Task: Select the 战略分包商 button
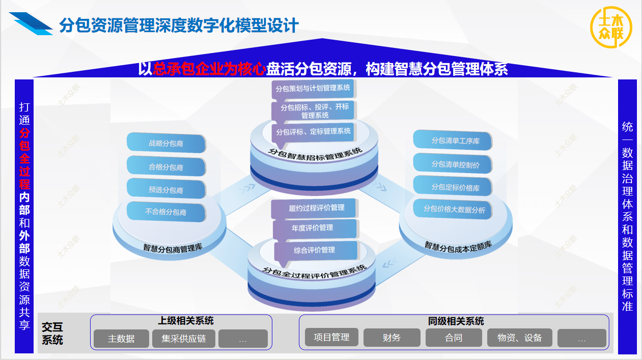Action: pos(166,144)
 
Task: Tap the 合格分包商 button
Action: pos(166,167)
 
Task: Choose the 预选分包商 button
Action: pos(166,189)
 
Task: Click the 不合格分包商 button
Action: pos(166,212)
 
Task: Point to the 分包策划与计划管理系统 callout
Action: pos(313,88)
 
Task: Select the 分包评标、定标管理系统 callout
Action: pos(313,131)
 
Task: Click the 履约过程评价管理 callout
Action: pos(316,208)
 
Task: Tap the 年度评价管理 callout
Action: pos(313,228)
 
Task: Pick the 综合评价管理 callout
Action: pos(314,250)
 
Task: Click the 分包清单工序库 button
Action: pos(453,141)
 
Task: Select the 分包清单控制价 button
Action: pos(453,164)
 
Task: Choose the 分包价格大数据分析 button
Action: pos(453,209)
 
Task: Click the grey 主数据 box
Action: pos(121,339)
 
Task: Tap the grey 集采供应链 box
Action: pos(184,339)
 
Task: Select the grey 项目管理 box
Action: pos(331,337)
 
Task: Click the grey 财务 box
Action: pos(392,338)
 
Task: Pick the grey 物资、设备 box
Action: pos(520,338)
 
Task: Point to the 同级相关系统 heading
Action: pos(456,321)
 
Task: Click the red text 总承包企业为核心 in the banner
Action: pos(209,69)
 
